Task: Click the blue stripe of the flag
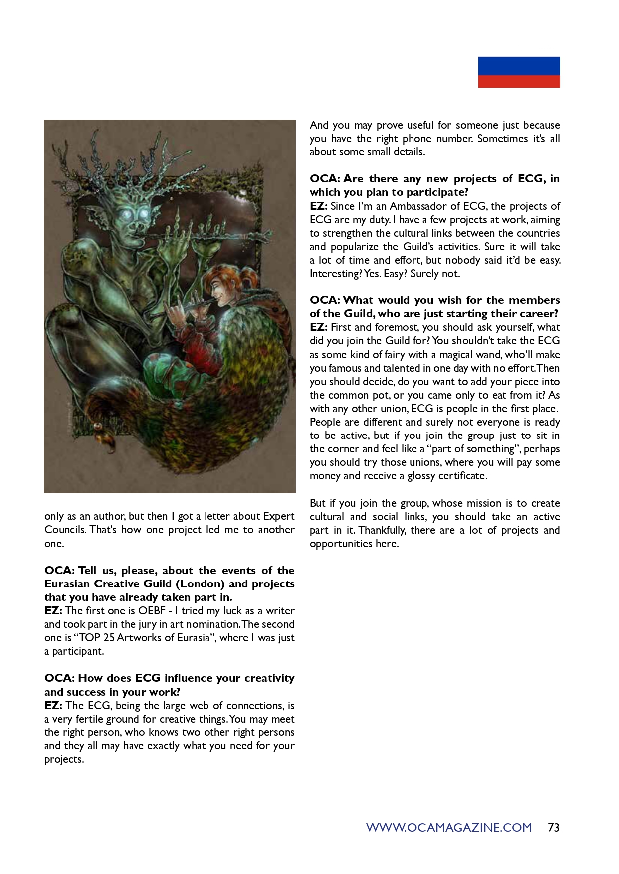(519, 66)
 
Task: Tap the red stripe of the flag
(519, 81)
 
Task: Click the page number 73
(553, 828)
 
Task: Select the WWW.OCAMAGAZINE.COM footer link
(449, 828)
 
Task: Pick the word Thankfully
(387, 530)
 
